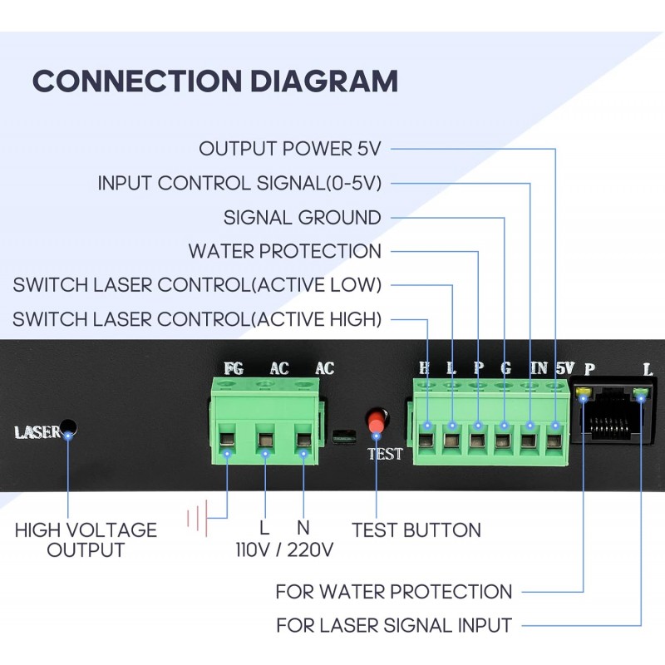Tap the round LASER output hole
(x=70, y=429)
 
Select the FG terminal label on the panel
(x=234, y=368)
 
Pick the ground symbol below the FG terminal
(x=197, y=520)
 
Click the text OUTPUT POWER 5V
(x=289, y=149)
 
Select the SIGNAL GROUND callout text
(x=302, y=218)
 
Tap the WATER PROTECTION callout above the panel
(x=284, y=251)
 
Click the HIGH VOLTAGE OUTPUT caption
(x=86, y=539)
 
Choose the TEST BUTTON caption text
(x=416, y=530)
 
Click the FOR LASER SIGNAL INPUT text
(x=393, y=624)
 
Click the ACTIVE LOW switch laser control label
(x=197, y=285)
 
